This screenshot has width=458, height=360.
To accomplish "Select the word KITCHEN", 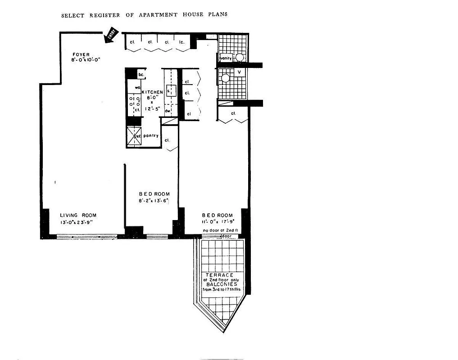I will point(153,92).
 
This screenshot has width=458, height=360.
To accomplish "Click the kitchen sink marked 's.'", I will point(170,90).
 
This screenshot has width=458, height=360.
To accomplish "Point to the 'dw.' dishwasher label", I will point(167,111).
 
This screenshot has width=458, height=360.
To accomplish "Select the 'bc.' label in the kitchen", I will point(141,74).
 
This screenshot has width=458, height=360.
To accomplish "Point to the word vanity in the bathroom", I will point(226,58).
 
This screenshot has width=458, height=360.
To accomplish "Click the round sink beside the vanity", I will point(240,58).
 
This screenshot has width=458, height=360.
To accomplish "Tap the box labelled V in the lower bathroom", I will point(239,72).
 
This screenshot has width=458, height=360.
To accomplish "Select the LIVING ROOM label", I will point(78,215).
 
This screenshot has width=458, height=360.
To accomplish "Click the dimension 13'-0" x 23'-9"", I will point(78,223).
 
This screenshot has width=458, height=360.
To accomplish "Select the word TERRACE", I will point(219,275).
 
